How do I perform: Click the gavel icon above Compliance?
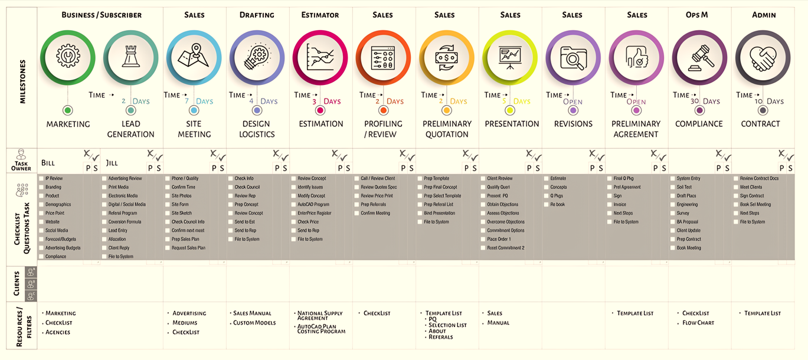(x=699, y=58)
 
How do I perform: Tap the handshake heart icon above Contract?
(x=763, y=58)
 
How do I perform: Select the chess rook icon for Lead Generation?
(x=130, y=57)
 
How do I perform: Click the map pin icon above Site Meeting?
(x=194, y=57)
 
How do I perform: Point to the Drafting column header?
(x=257, y=15)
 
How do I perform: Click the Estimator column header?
(x=320, y=15)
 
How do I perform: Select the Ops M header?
(x=697, y=15)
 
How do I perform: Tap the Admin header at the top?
(x=764, y=15)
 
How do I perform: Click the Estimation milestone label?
(x=320, y=124)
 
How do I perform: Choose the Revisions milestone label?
(x=573, y=124)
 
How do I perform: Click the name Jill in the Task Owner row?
(x=112, y=162)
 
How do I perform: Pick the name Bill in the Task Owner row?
(x=48, y=162)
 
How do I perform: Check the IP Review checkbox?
(x=41, y=178)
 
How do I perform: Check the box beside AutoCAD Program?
(x=293, y=204)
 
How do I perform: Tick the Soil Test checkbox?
(x=672, y=187)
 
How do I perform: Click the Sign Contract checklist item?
(x=752, y=196)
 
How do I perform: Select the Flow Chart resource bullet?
(x=698, y=323)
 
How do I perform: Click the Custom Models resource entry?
(x=254, y=323)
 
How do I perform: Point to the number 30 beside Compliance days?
(x=695, y=101)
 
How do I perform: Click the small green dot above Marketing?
(x=67, y=110)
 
